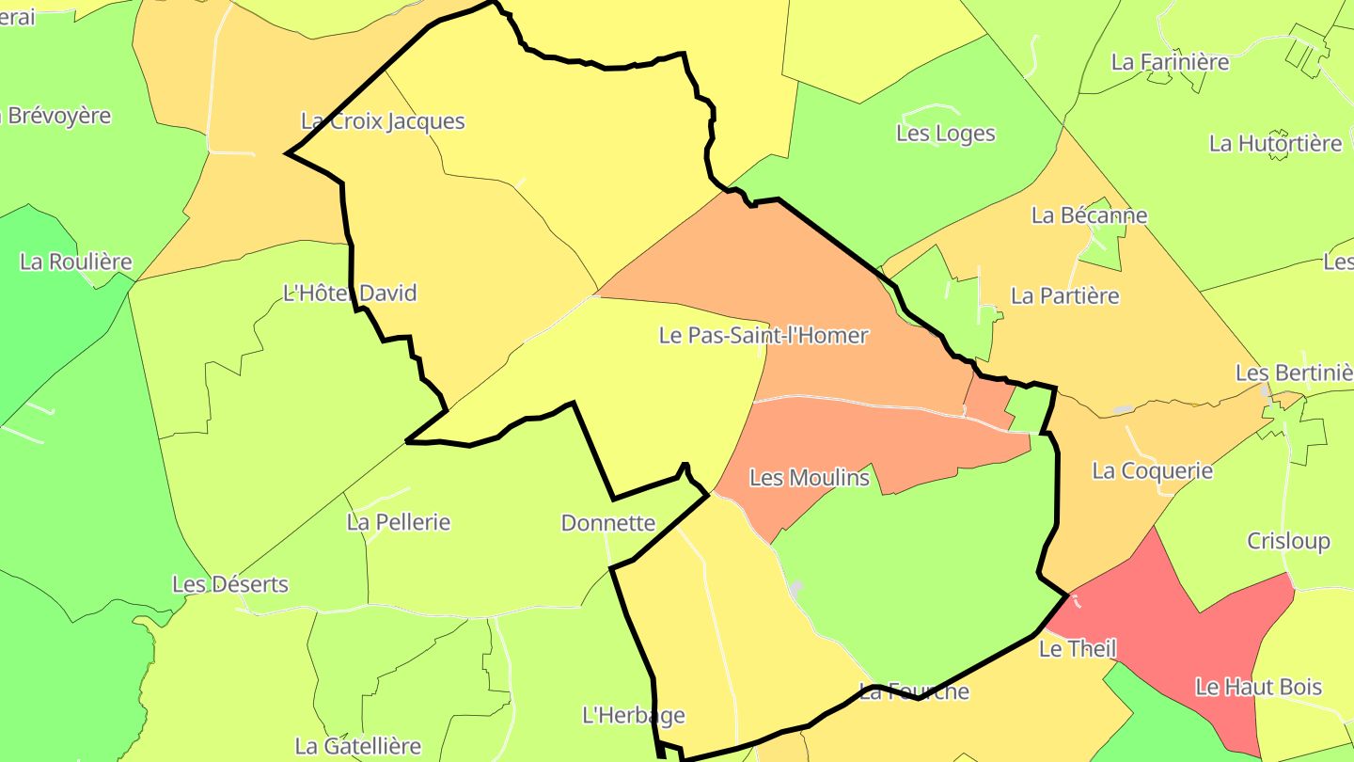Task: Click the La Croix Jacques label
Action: pos(383,121)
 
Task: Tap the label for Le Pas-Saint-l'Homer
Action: pos(764,335)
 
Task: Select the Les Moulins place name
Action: pos(810,478)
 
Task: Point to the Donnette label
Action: pos(608,523)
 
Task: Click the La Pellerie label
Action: pos(399,522)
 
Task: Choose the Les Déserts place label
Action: pos(230,584)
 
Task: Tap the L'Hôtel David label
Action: pos(350,294)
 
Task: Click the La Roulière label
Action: pos(76,262)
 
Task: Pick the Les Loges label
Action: pos(946,134)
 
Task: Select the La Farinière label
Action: pos(1171,62)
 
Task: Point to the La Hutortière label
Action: pos(1276,144)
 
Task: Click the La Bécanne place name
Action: pos(1090,215)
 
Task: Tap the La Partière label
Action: pos(1065,296)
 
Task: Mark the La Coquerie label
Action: pos(1153,470)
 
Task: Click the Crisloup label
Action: pos(1289,542)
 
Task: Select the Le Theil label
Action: pos(1078,649)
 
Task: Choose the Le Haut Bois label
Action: pos(1259,688)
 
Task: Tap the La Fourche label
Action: pos(914,692)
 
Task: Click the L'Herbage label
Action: pos(634,716)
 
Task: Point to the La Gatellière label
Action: pos(358,747)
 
